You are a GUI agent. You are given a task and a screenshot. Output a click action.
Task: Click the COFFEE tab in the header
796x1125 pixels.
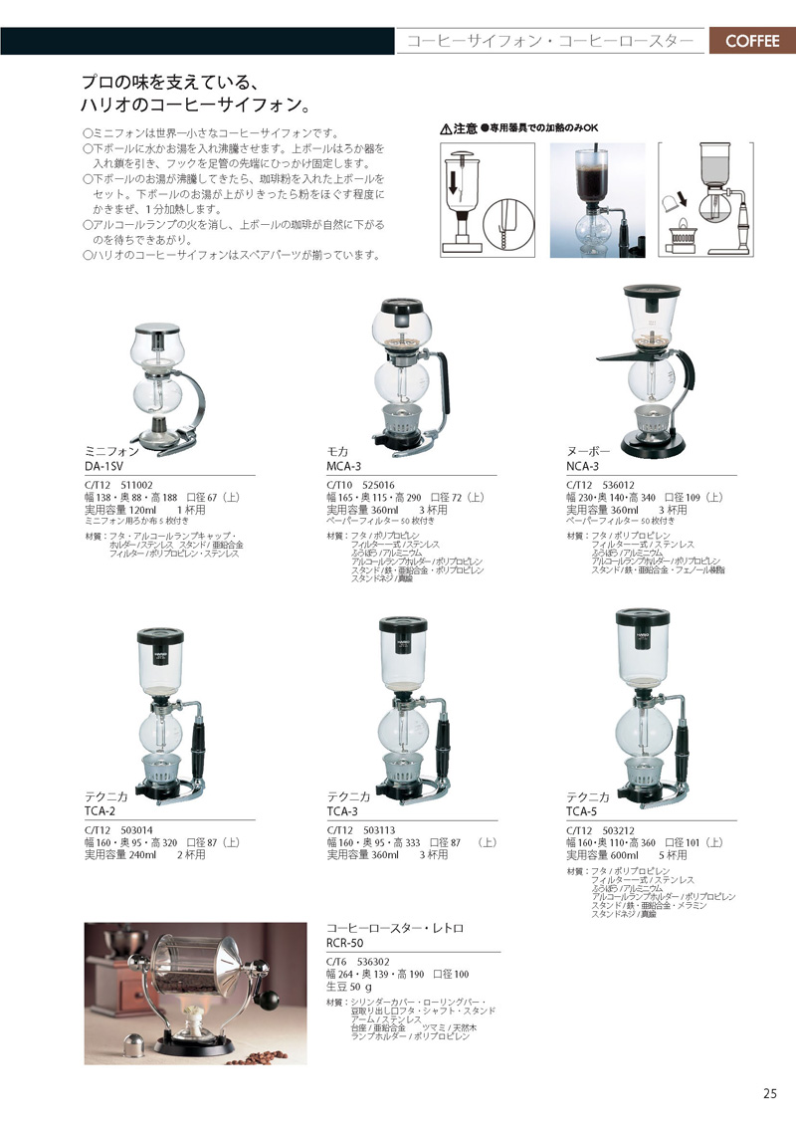[x=751, y=41]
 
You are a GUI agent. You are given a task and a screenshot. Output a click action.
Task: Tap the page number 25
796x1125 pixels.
[x=770, y=1093]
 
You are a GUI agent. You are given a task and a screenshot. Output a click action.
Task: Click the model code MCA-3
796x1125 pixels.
[x=346, y=465]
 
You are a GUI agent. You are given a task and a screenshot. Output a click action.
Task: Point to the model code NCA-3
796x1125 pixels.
[x=583, y=465]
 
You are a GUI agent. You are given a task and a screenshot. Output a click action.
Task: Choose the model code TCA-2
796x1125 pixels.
[x=103, y=811]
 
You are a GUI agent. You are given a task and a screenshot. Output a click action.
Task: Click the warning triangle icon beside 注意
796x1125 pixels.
[x=446, y=129]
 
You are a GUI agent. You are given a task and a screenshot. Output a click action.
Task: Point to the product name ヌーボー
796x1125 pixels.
[x=582, y=451]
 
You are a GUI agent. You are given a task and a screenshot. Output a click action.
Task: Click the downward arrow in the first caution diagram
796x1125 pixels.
[x=454, y=184]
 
